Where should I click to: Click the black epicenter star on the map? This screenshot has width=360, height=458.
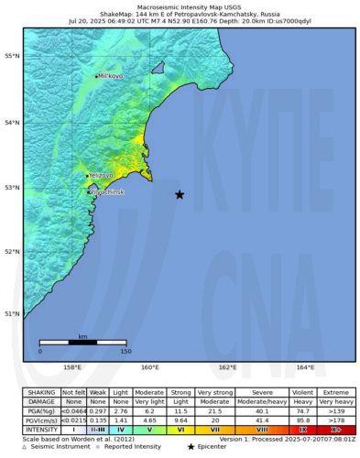click(180, 194)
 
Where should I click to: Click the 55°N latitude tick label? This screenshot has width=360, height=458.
click(12, 57)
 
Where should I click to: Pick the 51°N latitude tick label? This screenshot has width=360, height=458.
click(12, 314)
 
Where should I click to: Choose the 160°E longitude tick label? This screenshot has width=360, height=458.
click(149, 368)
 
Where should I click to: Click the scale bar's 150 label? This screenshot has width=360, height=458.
click(125, 351)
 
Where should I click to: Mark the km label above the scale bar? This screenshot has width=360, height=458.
click(82, 337)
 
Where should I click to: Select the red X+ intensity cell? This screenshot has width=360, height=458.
click(336, 429)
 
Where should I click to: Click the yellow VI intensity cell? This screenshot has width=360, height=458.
click(181, 429)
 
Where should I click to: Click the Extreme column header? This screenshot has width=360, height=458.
click(336, 393)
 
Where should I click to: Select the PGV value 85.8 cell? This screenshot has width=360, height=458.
click(305, 420)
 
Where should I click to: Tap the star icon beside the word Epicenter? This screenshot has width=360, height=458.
click(190, 447)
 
